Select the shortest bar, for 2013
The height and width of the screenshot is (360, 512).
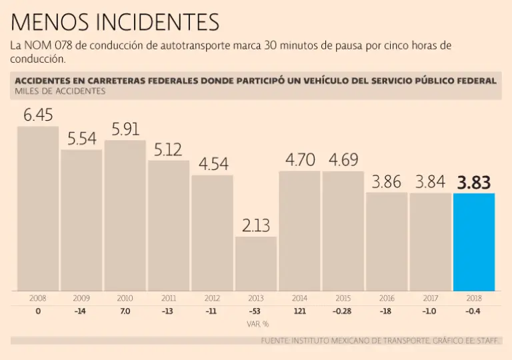(x=255, y=263)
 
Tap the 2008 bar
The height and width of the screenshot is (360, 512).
(x=38, y=208)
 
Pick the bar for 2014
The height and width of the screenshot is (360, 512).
(x=299, y=231)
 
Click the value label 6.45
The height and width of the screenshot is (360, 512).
(x=38, y=115)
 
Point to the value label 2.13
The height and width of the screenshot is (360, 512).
(x=255, y=225)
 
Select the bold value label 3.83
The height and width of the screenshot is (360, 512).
(x=474, y=183)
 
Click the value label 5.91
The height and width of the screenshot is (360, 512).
(x=125, y=129)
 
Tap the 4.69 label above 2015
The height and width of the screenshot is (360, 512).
(x=343, y=161)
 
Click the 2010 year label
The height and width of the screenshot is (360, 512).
(x=125, y=298)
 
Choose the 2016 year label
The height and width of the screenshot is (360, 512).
(x=387, y=298)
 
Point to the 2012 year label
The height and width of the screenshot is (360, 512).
(x=212, y=298)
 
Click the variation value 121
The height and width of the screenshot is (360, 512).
(x=299, y=311)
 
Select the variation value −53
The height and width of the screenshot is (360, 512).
(x=255, y=311)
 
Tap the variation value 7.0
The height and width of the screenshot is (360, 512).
(x=125, y=311)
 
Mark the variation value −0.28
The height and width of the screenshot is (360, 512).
(x=343, y=311)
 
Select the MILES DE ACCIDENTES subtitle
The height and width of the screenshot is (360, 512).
(x=60, y=91)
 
